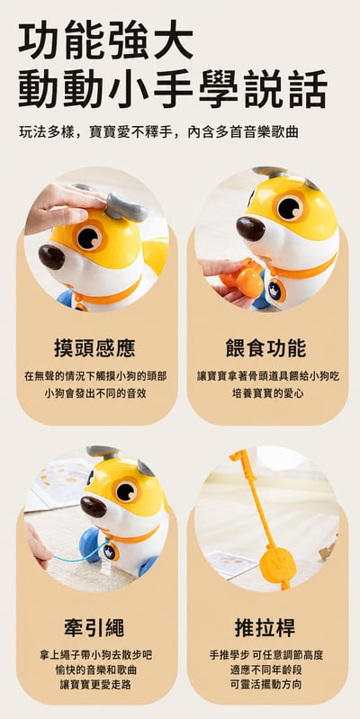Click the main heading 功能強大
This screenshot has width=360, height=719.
105,40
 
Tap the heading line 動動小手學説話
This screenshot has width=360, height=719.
173,89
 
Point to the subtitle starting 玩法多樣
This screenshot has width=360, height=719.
158,132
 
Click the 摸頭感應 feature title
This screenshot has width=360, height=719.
94,348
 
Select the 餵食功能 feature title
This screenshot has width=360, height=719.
266,348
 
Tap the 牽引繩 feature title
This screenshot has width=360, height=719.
94,628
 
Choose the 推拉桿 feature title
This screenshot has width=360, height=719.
265,628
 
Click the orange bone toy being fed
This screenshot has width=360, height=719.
242,278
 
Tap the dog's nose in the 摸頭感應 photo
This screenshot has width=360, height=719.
51,256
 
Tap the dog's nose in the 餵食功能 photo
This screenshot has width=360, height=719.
250,229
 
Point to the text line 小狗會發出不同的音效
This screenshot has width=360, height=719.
95,393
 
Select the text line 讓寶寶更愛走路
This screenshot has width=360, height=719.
95,685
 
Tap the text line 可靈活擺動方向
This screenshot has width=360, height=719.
266,685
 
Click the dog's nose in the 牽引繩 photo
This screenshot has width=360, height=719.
94,507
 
